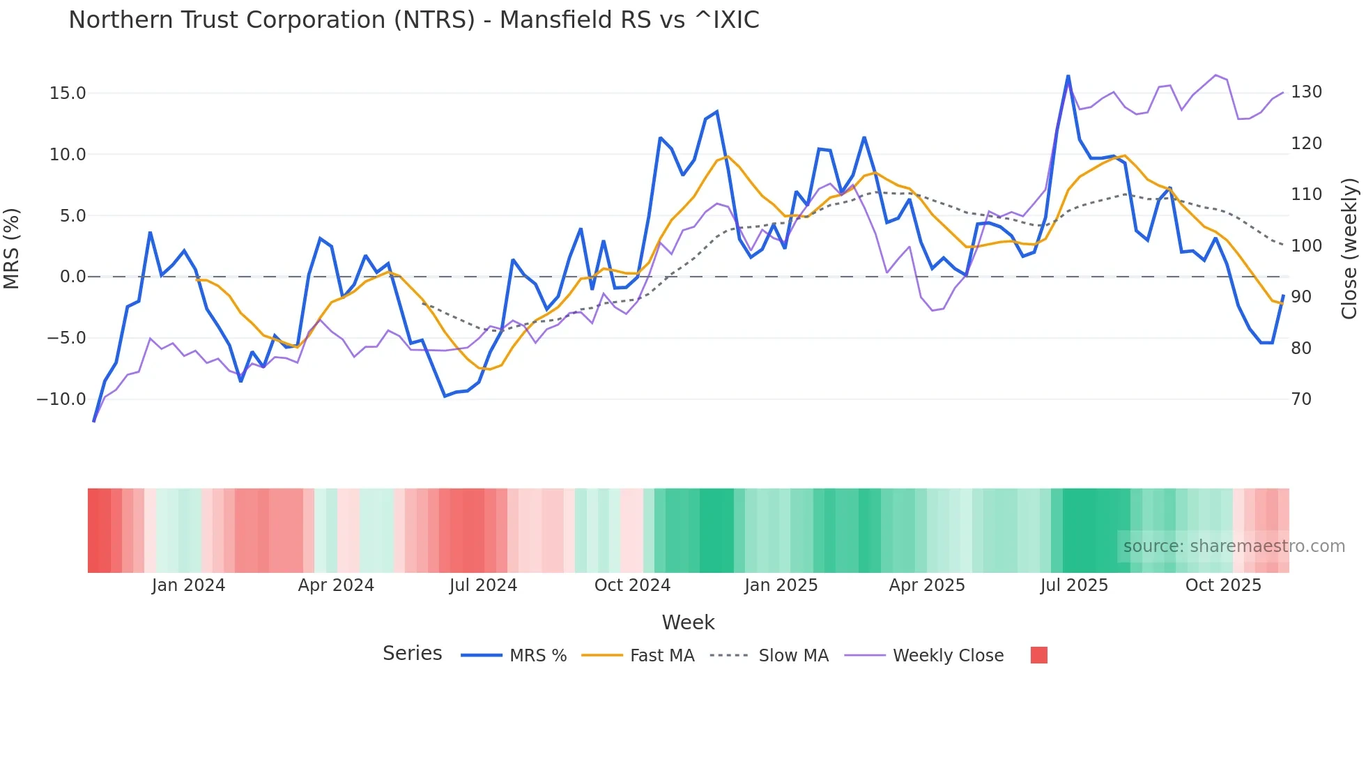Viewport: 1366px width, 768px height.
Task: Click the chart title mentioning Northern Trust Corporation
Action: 413,20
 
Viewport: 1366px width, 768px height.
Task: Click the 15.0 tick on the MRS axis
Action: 67,93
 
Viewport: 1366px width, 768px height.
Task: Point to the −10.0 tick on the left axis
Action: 61,399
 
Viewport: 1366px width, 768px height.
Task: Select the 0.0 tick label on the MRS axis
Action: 72,277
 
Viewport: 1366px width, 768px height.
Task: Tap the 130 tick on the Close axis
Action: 1306,92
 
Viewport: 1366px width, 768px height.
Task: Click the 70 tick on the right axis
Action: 1301,399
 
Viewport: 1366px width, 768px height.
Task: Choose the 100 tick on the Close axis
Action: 1306,246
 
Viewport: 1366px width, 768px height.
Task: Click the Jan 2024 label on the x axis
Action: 188,585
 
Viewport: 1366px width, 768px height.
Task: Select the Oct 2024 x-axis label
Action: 632,585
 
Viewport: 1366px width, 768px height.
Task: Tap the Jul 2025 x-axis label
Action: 1074,585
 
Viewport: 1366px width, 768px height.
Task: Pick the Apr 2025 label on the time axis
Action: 927,585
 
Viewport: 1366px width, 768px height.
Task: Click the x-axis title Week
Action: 688,622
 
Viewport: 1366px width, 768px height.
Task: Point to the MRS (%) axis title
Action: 12,248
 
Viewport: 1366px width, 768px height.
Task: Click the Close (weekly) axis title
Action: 1349,248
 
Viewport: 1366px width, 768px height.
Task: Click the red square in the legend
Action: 1038,655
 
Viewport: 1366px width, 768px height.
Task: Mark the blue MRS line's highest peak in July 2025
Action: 1068,76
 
